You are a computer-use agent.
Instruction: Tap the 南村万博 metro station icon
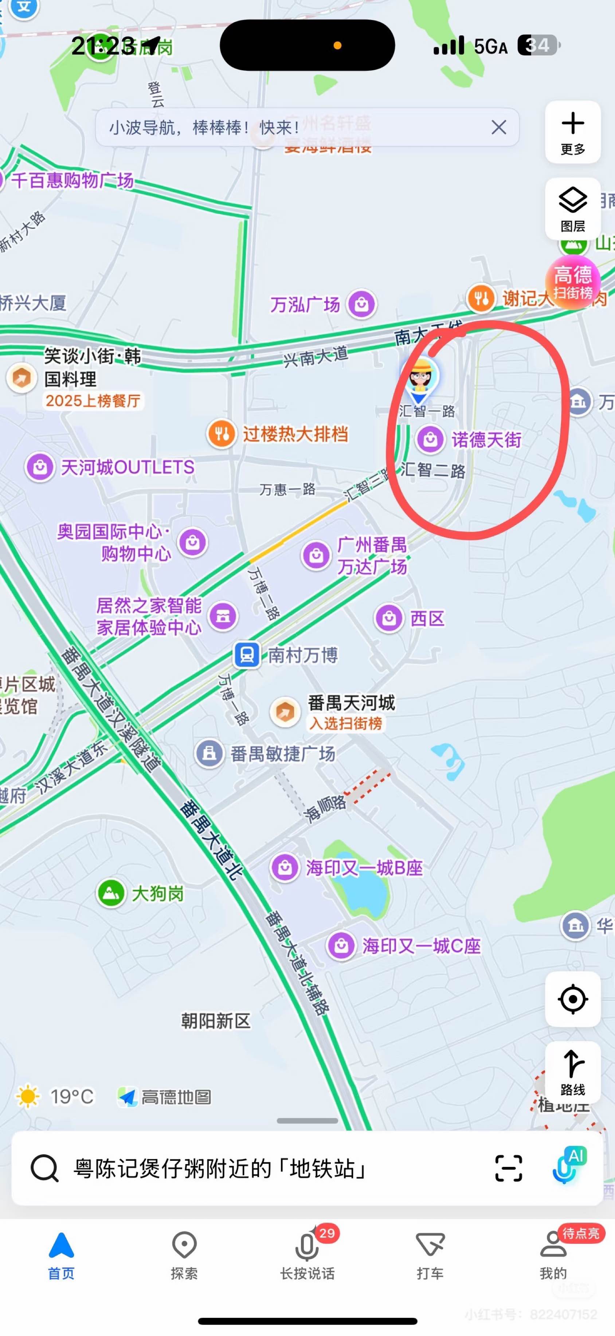click(x=247, y=655)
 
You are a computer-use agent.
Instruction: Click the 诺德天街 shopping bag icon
click(x=430, y=439)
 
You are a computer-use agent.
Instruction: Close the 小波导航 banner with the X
click(x=498, y=127)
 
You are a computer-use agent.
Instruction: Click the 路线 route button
click(x=572, y=1071)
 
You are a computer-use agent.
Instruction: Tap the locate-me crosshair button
click(x=572, y=999)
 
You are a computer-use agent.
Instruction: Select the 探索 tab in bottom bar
click(x=184, y=1254)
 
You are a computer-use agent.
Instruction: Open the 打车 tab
click(x=430, y=1254)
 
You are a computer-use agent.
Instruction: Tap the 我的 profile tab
click(x=553, y=1254)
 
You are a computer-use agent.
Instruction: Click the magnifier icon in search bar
click(x=44, y=1168)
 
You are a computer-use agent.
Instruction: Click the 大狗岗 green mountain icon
click(x=111, y=893)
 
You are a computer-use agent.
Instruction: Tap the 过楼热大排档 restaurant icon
click(x=222, y=434)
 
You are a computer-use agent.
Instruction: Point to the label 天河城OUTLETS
click(x=128, y=467)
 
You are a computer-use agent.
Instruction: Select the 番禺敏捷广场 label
click(x=283, y=753)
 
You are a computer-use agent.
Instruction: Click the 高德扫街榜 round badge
click(x=572, y=282)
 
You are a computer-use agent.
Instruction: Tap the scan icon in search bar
click(x=508, y=1168)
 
